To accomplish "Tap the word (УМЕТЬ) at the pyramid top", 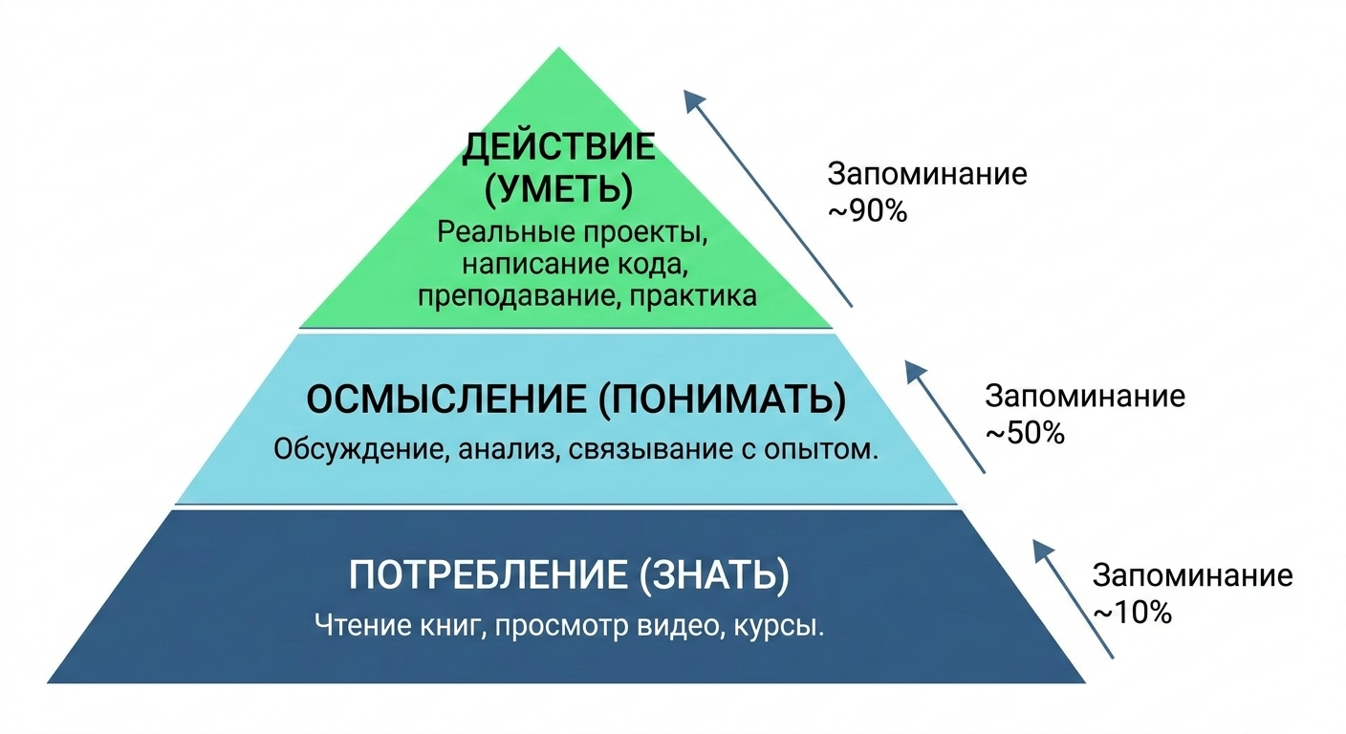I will pos(559,189).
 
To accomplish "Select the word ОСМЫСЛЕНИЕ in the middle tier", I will pos(446,400).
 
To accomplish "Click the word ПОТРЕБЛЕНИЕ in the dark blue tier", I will pos(485,576).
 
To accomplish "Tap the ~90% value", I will pos(866,210).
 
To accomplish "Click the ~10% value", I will pos(1132,612).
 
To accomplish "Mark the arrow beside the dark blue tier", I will pos(1074,598).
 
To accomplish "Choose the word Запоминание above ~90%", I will pos(927,175).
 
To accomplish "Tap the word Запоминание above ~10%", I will pos(1192,576).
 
